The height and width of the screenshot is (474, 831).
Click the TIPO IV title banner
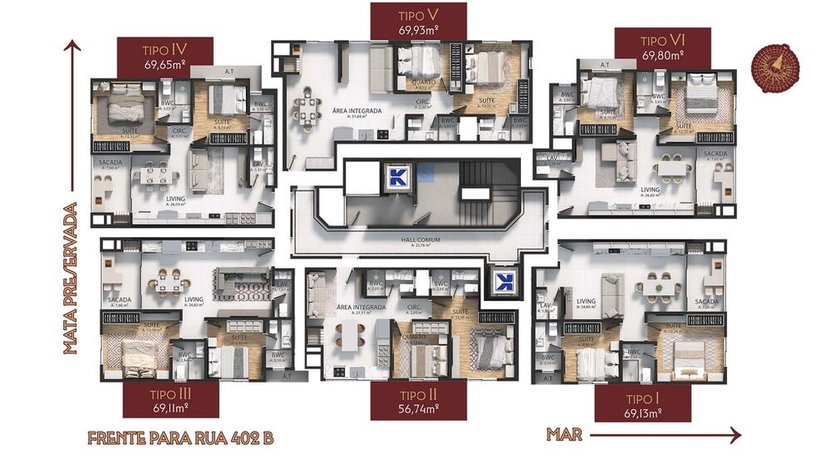pos(165,56)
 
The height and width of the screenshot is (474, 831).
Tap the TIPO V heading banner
pos(418,21)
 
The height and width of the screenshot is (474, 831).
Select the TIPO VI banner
pos(662,47)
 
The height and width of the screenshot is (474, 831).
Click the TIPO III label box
pos(170,399)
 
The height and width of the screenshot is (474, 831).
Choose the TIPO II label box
pos(418,402)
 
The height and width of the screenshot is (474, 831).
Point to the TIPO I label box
pos(642,404)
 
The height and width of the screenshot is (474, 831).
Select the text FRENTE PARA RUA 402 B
pos(179,438)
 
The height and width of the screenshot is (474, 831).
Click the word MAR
pos(564,434)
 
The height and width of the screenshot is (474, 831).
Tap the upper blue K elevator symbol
pos(397,176)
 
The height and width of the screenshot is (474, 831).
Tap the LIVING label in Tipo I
pos(587,301)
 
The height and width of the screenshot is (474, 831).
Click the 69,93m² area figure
pos(418,31)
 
